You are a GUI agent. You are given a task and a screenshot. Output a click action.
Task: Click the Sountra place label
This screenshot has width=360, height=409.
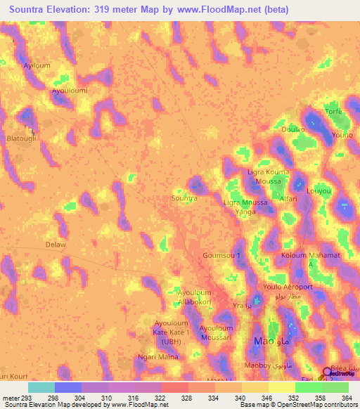(x=184, y=199)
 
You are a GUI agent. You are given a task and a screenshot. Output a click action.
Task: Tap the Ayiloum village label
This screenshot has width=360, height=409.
(x=37, y=64)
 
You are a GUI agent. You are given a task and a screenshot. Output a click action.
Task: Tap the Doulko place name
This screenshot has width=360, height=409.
(x=293, y=129)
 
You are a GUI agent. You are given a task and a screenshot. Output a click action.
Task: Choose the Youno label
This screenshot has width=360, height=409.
(x=342, y=135)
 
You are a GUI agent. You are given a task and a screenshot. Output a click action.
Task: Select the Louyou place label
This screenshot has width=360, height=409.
(x=319, y=190)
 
